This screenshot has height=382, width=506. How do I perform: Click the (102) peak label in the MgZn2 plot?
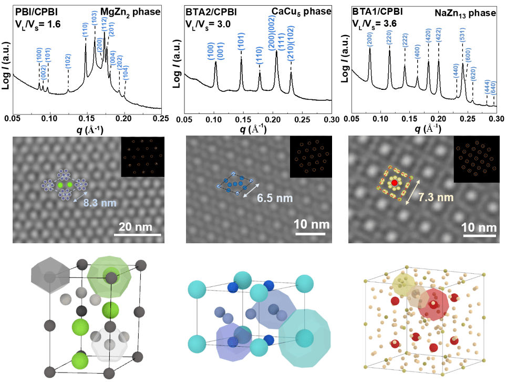pyautogui.click(x=68, y=61)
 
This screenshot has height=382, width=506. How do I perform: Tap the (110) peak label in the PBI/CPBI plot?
pyautogui.click(x=85, y=30)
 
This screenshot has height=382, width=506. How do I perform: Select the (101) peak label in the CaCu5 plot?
pyautogui.click(x=241, y=42)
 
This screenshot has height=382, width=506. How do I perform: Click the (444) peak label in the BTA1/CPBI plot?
pyautogui.click(x=487, y=87)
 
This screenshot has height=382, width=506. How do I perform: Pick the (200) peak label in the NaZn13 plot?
pyautogui.click(x=370, y=39)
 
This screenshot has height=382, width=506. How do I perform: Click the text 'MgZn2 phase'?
pyautogui.click(x=130, y=12)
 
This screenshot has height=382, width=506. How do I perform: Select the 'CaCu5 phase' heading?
pyautogui.click(x=302, y=12)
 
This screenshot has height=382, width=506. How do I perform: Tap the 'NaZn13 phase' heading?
pyautogui.click(x=466, y=13)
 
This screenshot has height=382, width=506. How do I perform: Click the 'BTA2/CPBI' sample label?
pyautogui.click(x=211, y=12)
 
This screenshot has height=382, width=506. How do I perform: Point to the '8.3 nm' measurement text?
pyautogui.click(x=100, y=203)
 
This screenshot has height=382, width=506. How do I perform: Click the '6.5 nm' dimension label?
pyautogui.click(x=275, y=198)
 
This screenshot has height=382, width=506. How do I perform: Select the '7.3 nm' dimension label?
pyautogui.click(x=436, y=197)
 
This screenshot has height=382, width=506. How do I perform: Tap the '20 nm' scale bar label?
pyautogui.click(x=136, y=227)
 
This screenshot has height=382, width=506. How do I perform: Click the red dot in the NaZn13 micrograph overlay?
pyautogui.click(x=395, y=183)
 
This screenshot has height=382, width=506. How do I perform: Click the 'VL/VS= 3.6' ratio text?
pyautogui.click(x=375, y=24)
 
